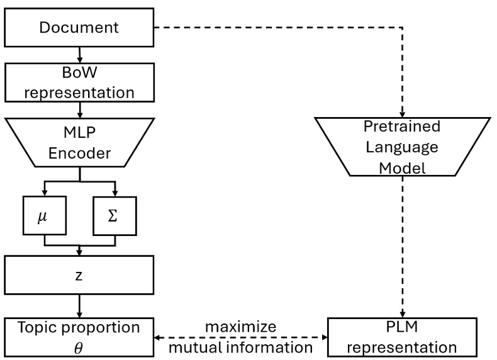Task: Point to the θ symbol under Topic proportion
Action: tap(78, 346)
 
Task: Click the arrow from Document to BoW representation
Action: tap(78, 55)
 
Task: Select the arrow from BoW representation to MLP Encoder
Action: tap(78, 111)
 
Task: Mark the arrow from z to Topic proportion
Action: tap(78, 307)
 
